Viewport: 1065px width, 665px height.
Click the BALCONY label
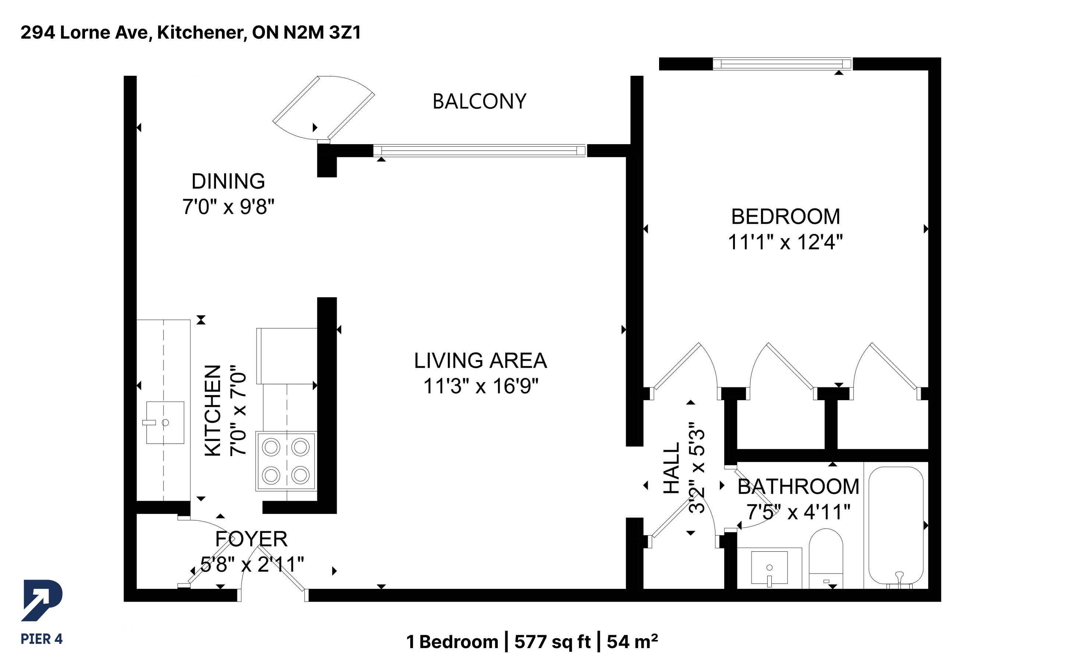pyautogui.click(x=480, y=102)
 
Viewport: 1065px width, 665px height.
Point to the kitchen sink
pyautogui.click(x=165, y=422)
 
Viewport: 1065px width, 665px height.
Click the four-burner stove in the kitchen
pyautogui.click(x=286, y=461)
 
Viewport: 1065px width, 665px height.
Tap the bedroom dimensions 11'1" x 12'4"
pyautogui.click(x=785, y=242)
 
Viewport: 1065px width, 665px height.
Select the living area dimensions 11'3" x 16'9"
pyautogui.click(x=480, y=386)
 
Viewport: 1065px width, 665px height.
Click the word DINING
pyautogui.click(x=228, y=181)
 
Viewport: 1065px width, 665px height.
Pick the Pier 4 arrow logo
pyautogui.click(x=42, y=600)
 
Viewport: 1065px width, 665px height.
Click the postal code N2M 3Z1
pyautogui.click(x=322, y=32)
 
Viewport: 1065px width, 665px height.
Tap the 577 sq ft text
pyautogui.click(x=552, y=642)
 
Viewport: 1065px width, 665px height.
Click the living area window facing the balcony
pyautogui.click(x=480, y=150)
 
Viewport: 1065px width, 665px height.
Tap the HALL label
pyautogui.click(x=672, y=468)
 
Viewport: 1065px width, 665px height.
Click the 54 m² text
pyautogui.click(x=633, y=642)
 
